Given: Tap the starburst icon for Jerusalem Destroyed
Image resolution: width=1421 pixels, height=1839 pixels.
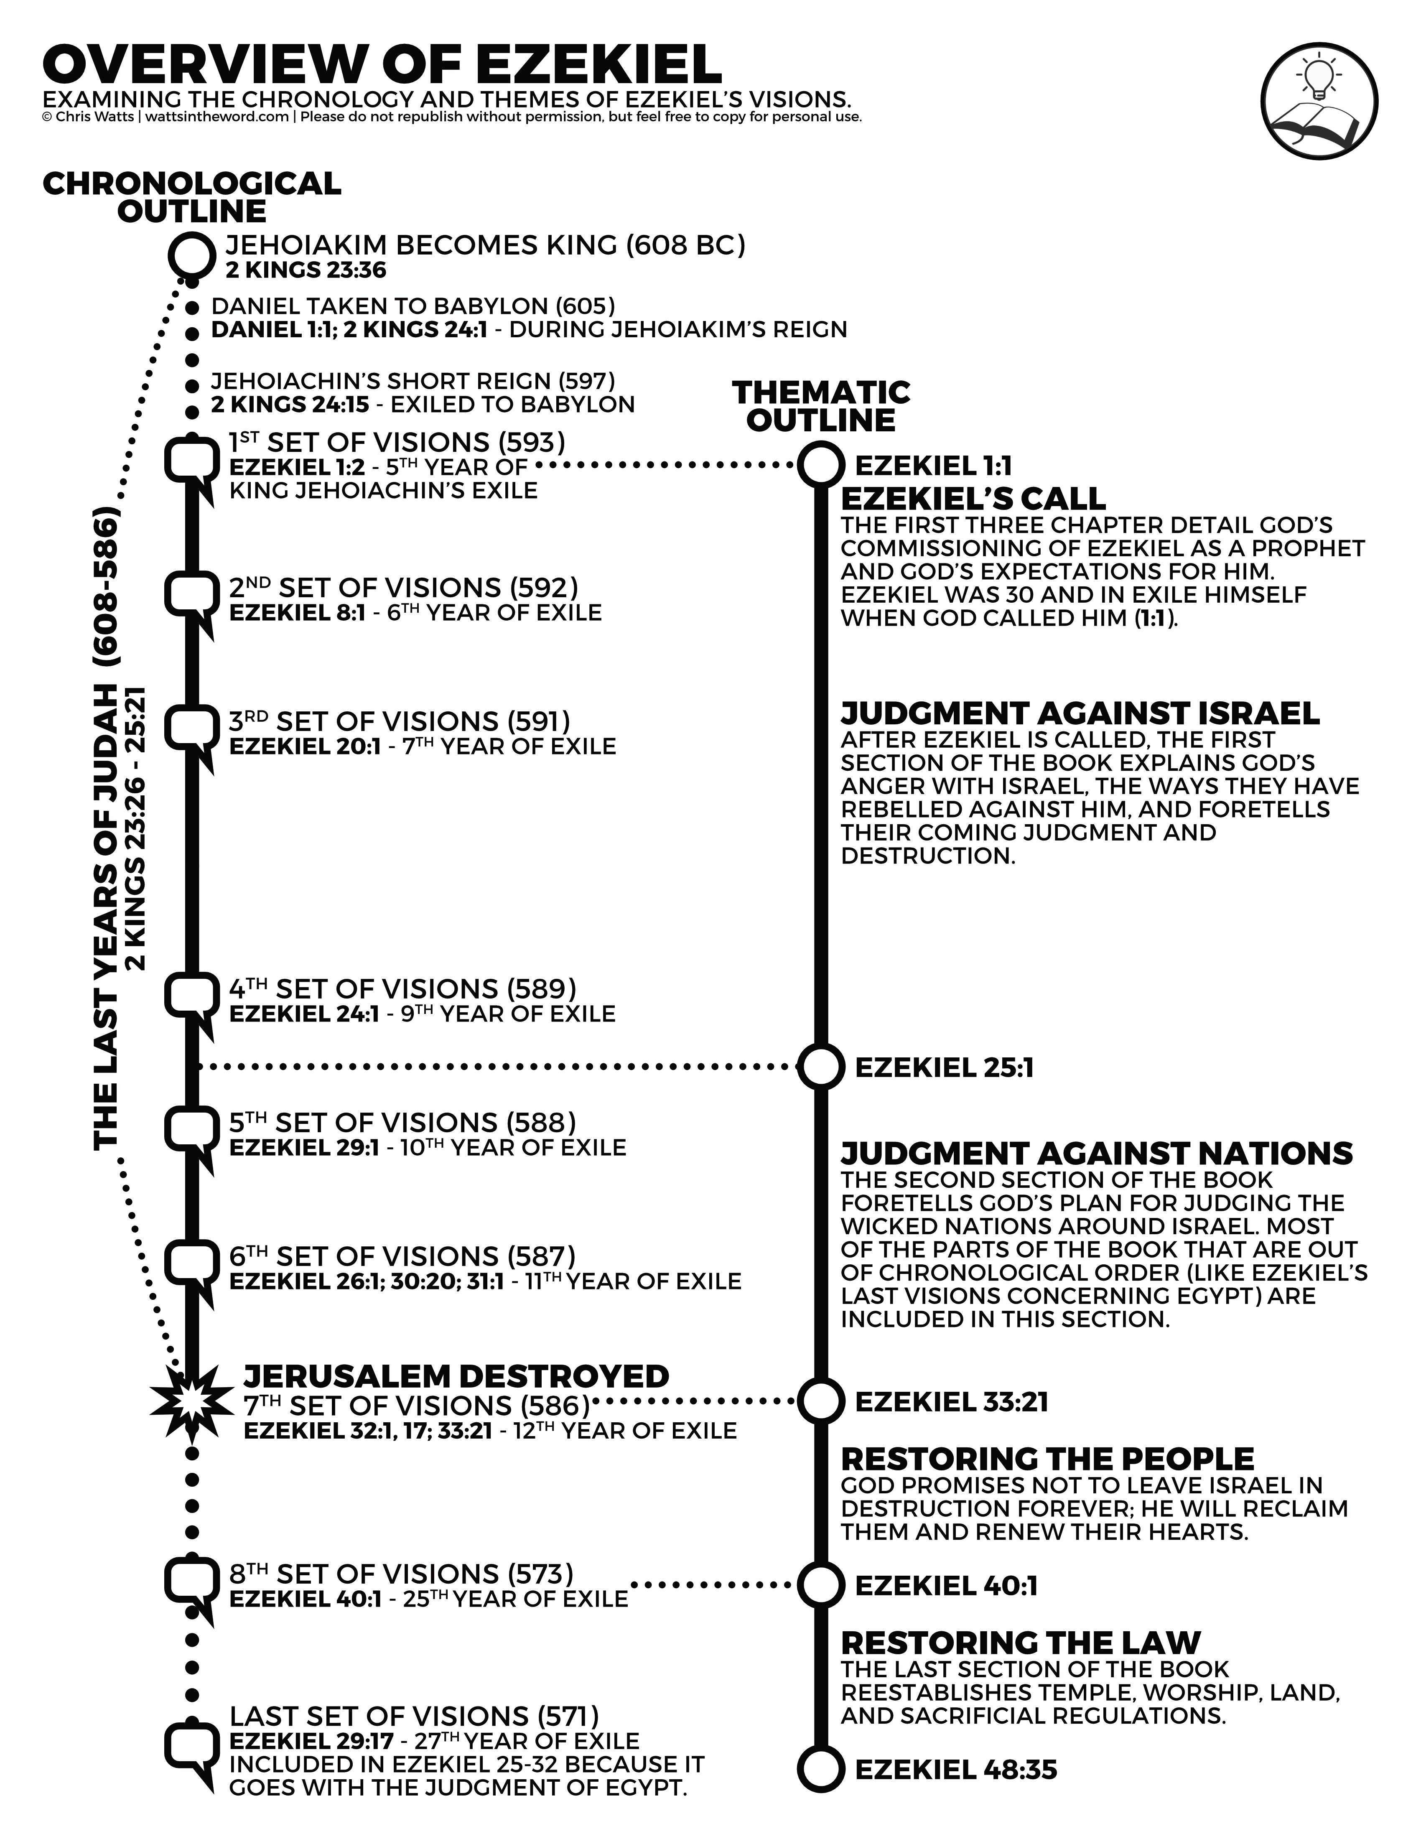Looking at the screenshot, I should (x=190, y=1403).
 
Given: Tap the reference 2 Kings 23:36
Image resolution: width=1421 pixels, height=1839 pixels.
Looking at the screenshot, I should (x=306, y=270).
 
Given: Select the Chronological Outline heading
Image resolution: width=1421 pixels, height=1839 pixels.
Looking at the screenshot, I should (x=192, y=197).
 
